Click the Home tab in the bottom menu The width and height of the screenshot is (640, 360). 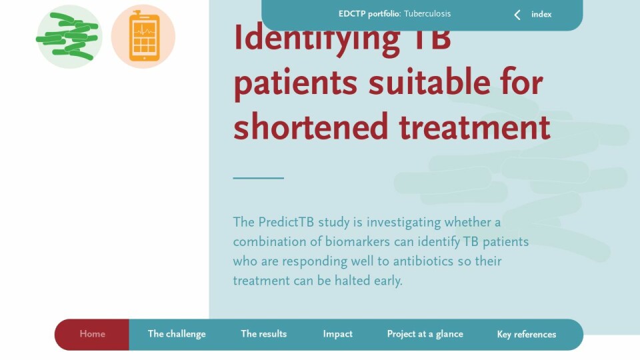(92, 334)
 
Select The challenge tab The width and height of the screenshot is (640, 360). (177, 334)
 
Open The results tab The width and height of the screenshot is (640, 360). (264, 334)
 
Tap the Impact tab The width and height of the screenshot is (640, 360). (337, 334)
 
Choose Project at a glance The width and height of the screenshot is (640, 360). (425, 334)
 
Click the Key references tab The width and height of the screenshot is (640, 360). (527, 334)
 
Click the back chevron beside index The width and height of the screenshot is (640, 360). (517, 15)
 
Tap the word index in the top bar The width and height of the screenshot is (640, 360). (541, 14)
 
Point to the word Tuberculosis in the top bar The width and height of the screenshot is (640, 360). (427, 13)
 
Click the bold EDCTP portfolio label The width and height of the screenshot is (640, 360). (369, 14)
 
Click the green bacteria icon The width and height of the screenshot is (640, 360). (69, 37)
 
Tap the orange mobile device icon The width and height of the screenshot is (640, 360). (144, 37)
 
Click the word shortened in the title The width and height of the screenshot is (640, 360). (310, 127)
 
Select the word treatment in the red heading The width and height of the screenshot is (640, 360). (475, 127)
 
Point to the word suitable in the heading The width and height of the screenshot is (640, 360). (429, 82)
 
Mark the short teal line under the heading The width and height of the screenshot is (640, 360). (259, 178)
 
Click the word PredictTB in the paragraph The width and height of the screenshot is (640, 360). (286, 222)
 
